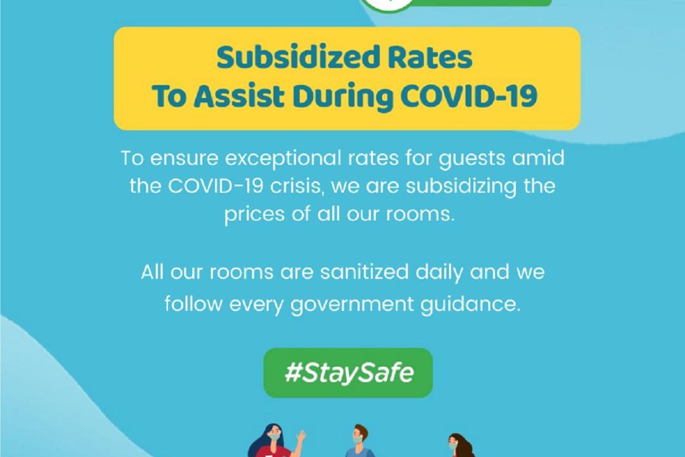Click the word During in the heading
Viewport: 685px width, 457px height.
click(343, 97)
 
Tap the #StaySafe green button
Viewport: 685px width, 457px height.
click(348, 373)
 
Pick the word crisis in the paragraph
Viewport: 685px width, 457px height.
click(297, 186)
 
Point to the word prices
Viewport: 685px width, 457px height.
click(254, 215)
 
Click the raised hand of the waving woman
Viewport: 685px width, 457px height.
click(301, 435)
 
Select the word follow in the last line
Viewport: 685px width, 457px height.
click(193, 303)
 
